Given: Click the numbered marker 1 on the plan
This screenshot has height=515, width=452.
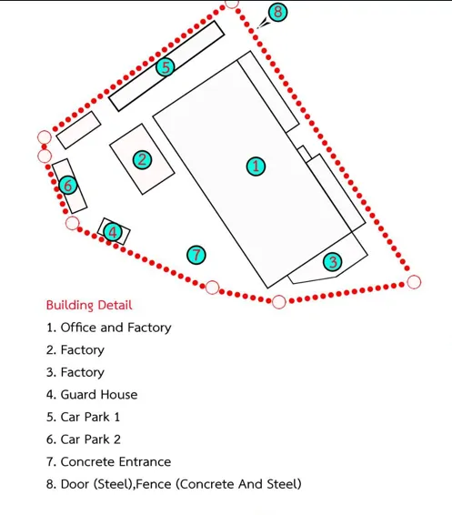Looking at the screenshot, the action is point(256,167).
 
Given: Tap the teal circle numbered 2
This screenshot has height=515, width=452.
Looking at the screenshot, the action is point(142,160).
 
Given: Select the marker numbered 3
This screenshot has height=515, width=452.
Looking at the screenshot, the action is point(333,262).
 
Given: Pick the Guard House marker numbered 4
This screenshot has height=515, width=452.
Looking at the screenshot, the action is point(113,232).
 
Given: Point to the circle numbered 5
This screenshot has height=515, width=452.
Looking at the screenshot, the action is point(166,67).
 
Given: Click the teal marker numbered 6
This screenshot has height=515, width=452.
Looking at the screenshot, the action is point(68,186).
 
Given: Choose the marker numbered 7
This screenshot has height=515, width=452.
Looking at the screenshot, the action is point(196,255).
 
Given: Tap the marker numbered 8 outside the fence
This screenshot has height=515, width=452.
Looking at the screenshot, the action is point(277,12).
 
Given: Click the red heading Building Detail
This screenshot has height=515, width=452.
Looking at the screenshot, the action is point(89,305).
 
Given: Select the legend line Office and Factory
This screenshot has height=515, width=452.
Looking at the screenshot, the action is point(108,328).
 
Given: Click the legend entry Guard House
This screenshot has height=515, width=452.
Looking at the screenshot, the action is point(92,395).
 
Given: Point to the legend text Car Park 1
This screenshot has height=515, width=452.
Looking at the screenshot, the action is point(83,417).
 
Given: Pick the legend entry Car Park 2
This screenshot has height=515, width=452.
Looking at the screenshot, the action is point(84,439).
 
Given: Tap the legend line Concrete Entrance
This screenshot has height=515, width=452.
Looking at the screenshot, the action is point(108,461).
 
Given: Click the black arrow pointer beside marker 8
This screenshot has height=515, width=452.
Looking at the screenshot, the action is point(264,24).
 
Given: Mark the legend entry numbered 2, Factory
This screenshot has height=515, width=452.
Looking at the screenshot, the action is point(75,350).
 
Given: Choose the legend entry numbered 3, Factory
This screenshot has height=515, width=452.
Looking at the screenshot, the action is point(75,372).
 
